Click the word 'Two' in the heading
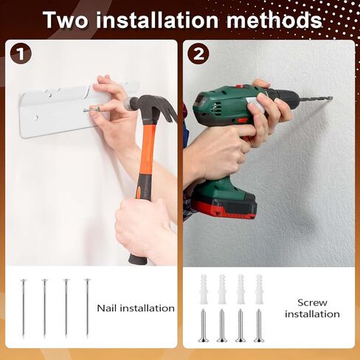coord(65,20)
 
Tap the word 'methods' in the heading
coord(274,20)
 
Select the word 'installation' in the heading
coord(157,20)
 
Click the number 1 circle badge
coord(21,54)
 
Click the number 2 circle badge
coord(198,54)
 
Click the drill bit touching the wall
coord(316,99)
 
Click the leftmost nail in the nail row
coord(24,308)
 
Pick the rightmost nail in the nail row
coord(87,308)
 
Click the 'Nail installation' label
coord(136,308)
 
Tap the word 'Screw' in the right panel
coord(312,302)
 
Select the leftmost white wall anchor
coord(204,289)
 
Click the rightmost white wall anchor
coord(259,289)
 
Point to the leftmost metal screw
coord(204,325)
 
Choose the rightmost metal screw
coord(259,325)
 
